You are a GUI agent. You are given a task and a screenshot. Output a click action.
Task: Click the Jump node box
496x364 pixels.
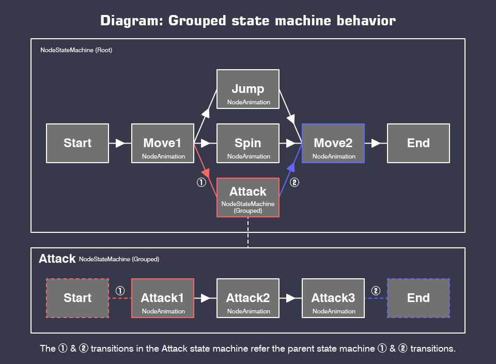pos(248,89)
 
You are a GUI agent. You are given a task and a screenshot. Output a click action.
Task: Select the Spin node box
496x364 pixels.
pos(248,143)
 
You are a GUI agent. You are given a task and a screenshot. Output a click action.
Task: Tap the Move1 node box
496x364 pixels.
pos(163,143)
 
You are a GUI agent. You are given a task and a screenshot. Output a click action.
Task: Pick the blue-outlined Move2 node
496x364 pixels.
pos(333,143)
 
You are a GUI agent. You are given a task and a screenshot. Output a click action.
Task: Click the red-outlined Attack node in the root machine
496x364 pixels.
pos(248,197)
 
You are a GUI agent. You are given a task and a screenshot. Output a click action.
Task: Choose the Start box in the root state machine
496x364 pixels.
pos(78,143)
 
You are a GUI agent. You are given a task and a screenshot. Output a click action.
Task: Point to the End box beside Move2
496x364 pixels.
pos(419,143)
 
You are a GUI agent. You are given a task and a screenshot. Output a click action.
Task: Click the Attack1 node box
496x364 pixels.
pos(163,298)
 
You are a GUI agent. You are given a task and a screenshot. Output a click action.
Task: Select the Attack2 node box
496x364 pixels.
pos(248,298)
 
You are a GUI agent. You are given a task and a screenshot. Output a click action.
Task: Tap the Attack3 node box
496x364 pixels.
pos(333,298)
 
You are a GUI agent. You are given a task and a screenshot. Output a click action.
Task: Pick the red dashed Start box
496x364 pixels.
pos(78,298)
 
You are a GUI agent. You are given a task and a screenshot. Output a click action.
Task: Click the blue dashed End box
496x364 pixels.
pos(419,298)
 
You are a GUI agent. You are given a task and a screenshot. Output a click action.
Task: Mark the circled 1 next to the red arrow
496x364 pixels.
pos(202,182)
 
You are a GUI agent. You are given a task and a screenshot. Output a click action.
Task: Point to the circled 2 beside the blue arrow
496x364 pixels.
pos(295,182)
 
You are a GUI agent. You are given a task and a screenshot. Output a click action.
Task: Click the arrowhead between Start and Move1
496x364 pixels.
pos(120,143)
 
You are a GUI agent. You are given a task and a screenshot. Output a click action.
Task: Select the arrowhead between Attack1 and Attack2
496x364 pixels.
pos(206,298)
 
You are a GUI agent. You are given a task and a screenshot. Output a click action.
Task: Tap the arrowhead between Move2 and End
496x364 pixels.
pos(376,143)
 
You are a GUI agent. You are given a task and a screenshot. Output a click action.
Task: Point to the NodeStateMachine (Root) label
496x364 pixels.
pos(76,50)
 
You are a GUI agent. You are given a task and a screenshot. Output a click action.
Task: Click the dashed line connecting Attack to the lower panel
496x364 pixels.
pos(248,232)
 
